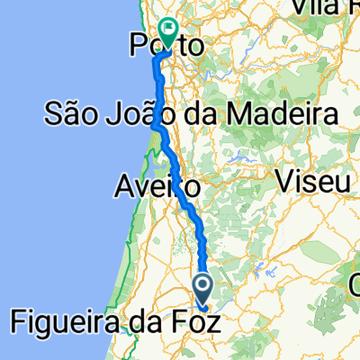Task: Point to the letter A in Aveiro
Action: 123,187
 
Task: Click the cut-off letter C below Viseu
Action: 354,285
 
